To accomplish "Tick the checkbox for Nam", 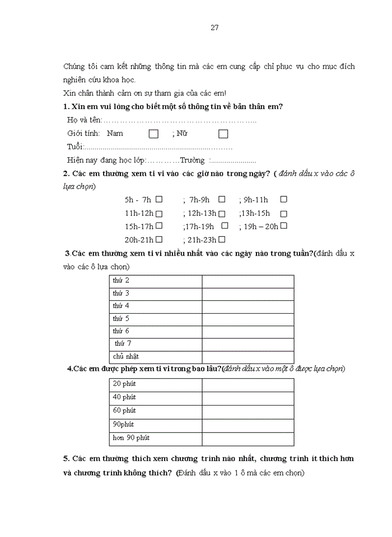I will [153, 134].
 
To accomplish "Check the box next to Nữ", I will [223, 134].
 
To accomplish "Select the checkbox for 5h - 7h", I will [160, 199].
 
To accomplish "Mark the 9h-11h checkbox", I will [283, 199].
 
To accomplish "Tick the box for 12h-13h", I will [222, 213].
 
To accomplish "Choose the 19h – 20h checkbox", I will [283, 226].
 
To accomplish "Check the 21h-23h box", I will [222, 239].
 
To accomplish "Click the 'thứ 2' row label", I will [121, 280].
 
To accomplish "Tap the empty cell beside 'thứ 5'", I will [248, 319].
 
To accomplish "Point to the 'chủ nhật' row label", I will [125, 356].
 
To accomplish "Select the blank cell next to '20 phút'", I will [248, 384].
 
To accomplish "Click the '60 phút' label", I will [124, 411].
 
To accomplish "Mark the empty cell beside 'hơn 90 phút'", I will [248, 438].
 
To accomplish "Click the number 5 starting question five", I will [66, 459].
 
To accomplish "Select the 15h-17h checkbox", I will [160, 226].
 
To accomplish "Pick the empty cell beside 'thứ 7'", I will [248, 344].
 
